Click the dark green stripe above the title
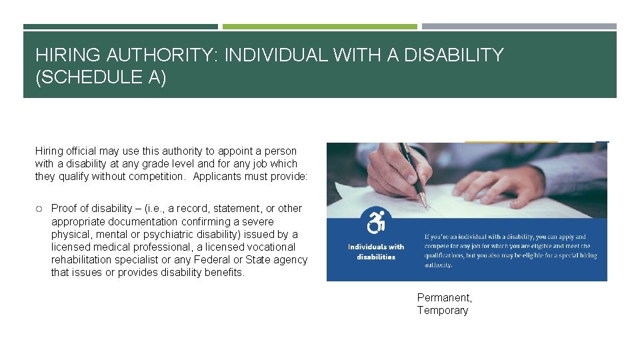[x=120, y=27]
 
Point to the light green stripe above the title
[x=319, y=27]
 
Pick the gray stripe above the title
[x=519, y=27]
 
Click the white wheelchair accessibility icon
[x=376, y=221]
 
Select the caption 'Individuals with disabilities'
[x=376, y=251]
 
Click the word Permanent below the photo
[x=444, y=297]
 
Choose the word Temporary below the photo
[x=443, y=310]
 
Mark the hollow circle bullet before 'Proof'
[x=40, y=209]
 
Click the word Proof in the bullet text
[x=65, y=208]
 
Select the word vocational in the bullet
[x=270, y=247]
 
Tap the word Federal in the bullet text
[x=211, y=260]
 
